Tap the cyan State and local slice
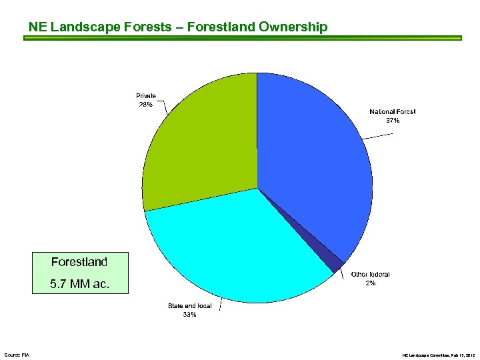pos(240,247)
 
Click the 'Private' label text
pos(145,96)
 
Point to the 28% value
pos(145,105)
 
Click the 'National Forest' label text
pos(392,112)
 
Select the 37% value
pos(393,121)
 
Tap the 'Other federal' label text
pos(370,274)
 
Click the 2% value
pos(370,283)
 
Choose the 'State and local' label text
pos(189,306)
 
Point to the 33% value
pos(189,315)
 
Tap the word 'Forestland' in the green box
pos(79,262)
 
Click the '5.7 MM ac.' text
pos(79,285)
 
